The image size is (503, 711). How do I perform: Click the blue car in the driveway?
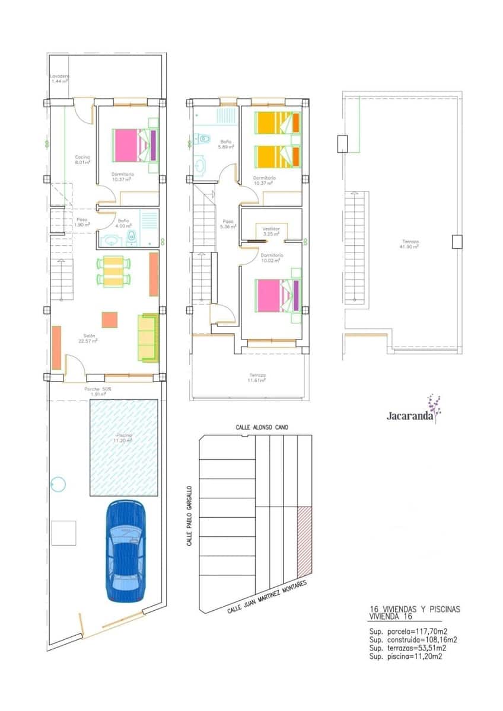point(125,551)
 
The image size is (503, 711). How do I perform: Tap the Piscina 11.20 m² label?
point(124,438)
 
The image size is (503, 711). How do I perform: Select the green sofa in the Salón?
point(147,337)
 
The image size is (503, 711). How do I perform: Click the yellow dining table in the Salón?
point(113,271)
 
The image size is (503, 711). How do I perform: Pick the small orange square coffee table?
point(110,319)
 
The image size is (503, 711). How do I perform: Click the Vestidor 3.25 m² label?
point(272,231)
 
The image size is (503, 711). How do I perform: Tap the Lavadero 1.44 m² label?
point(60,78)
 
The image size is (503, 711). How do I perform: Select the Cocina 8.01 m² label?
point(82,159)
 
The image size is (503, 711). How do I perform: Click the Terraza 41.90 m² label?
point(410,244)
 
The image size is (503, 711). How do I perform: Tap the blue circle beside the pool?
point(58,484)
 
